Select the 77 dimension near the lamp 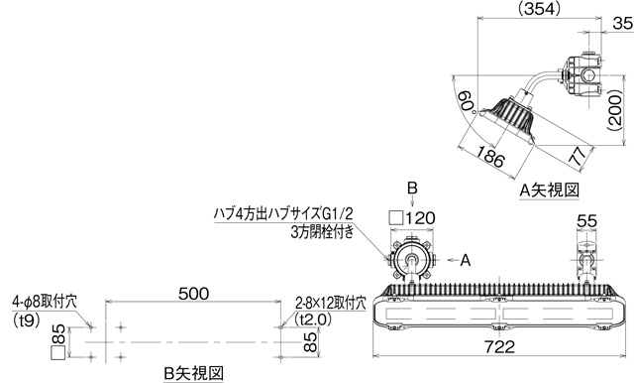[578, 155]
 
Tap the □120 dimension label [413, 217]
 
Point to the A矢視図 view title [549, 188]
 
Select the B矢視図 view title [194, 371]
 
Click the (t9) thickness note [26, 319]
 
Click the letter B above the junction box [413, 189]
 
